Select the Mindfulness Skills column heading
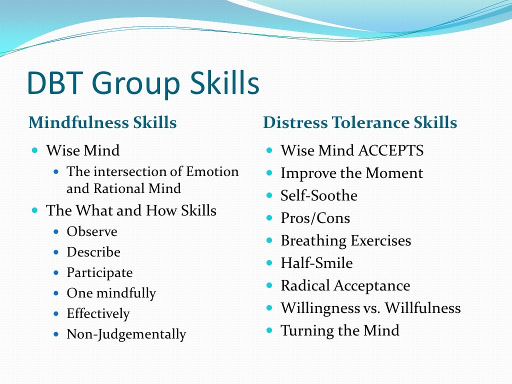102,122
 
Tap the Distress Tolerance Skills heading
360,122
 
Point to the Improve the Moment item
351,173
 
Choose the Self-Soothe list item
319,195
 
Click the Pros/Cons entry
315,218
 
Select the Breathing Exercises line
345,240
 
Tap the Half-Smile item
316,263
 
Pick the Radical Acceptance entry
345,285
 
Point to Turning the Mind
340,330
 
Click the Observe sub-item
92,231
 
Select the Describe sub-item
93,252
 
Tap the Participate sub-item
99,272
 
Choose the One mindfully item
111,293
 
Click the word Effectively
98,313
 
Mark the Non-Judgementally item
126,334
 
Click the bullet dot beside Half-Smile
269,262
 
